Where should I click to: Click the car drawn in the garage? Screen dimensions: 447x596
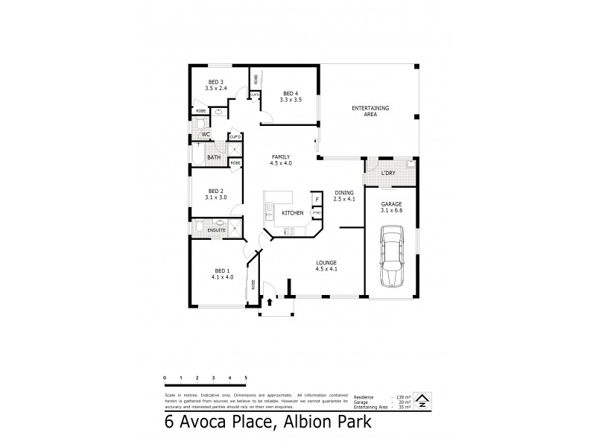pos(390,258)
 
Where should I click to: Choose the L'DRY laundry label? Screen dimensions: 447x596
pos(387,174)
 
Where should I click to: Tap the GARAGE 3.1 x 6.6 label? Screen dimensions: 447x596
pos(391,205)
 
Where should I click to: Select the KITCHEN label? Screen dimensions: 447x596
pos(292,213)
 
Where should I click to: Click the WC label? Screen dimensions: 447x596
pos(206,135)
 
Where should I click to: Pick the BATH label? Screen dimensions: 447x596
pos(213,157)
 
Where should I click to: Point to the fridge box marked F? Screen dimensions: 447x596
pos(317,200)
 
